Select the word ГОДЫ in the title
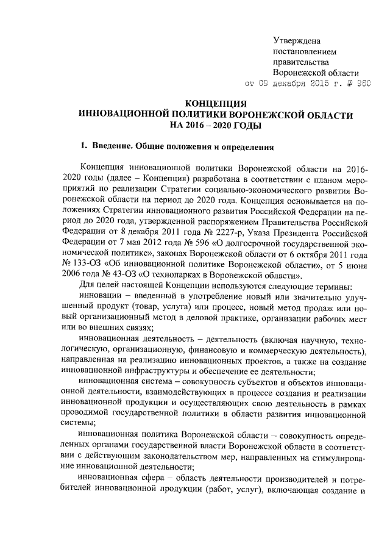[244, 126]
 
